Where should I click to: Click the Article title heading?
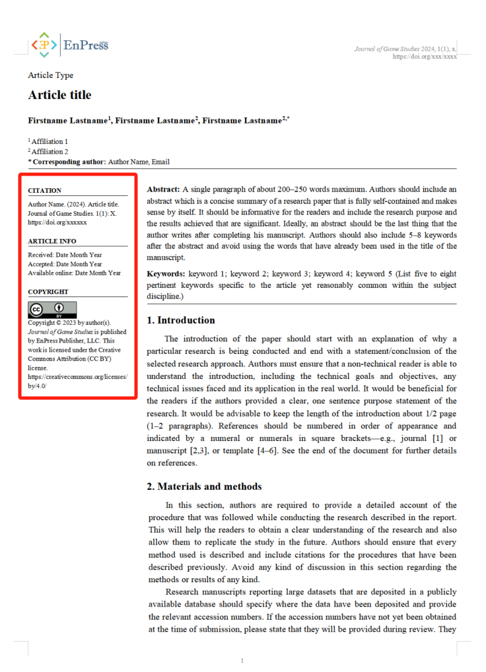pyautogui.click(x=59, y=95)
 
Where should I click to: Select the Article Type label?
pyautogui.click(x=51, y=75)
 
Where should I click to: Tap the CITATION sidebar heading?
pyautogui.click(x=44, y=191)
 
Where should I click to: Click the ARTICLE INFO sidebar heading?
pyautogui.click(x=52, y=241)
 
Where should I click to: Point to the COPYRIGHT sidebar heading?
pyautogui.click(x=48, y=291)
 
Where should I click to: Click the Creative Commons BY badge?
pyautogui.click(x=52, y=310)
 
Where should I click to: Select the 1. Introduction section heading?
pyautogui.click(x=180, y=320)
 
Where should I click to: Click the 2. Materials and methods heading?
pyautogui.click(x=204, y=487)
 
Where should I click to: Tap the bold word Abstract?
pyautogui.click(x=163, y=189)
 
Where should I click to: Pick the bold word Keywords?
pyautogui.click(x=166, y=273)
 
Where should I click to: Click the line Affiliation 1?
pyautogui.click(x=48, y=141)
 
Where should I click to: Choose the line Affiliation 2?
pyautogui.click(x=48, y=151)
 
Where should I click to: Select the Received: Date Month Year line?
pyautogui.click(x=65, y=254)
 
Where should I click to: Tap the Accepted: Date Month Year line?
pyautogui.click(x=65, y=263)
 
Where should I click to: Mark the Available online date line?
pyautogui.click(x=74, y=273)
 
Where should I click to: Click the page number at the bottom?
pyautogui.click(x=242, y=661)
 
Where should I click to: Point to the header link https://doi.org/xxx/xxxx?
pyautogui.click(x=425, y=57)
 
